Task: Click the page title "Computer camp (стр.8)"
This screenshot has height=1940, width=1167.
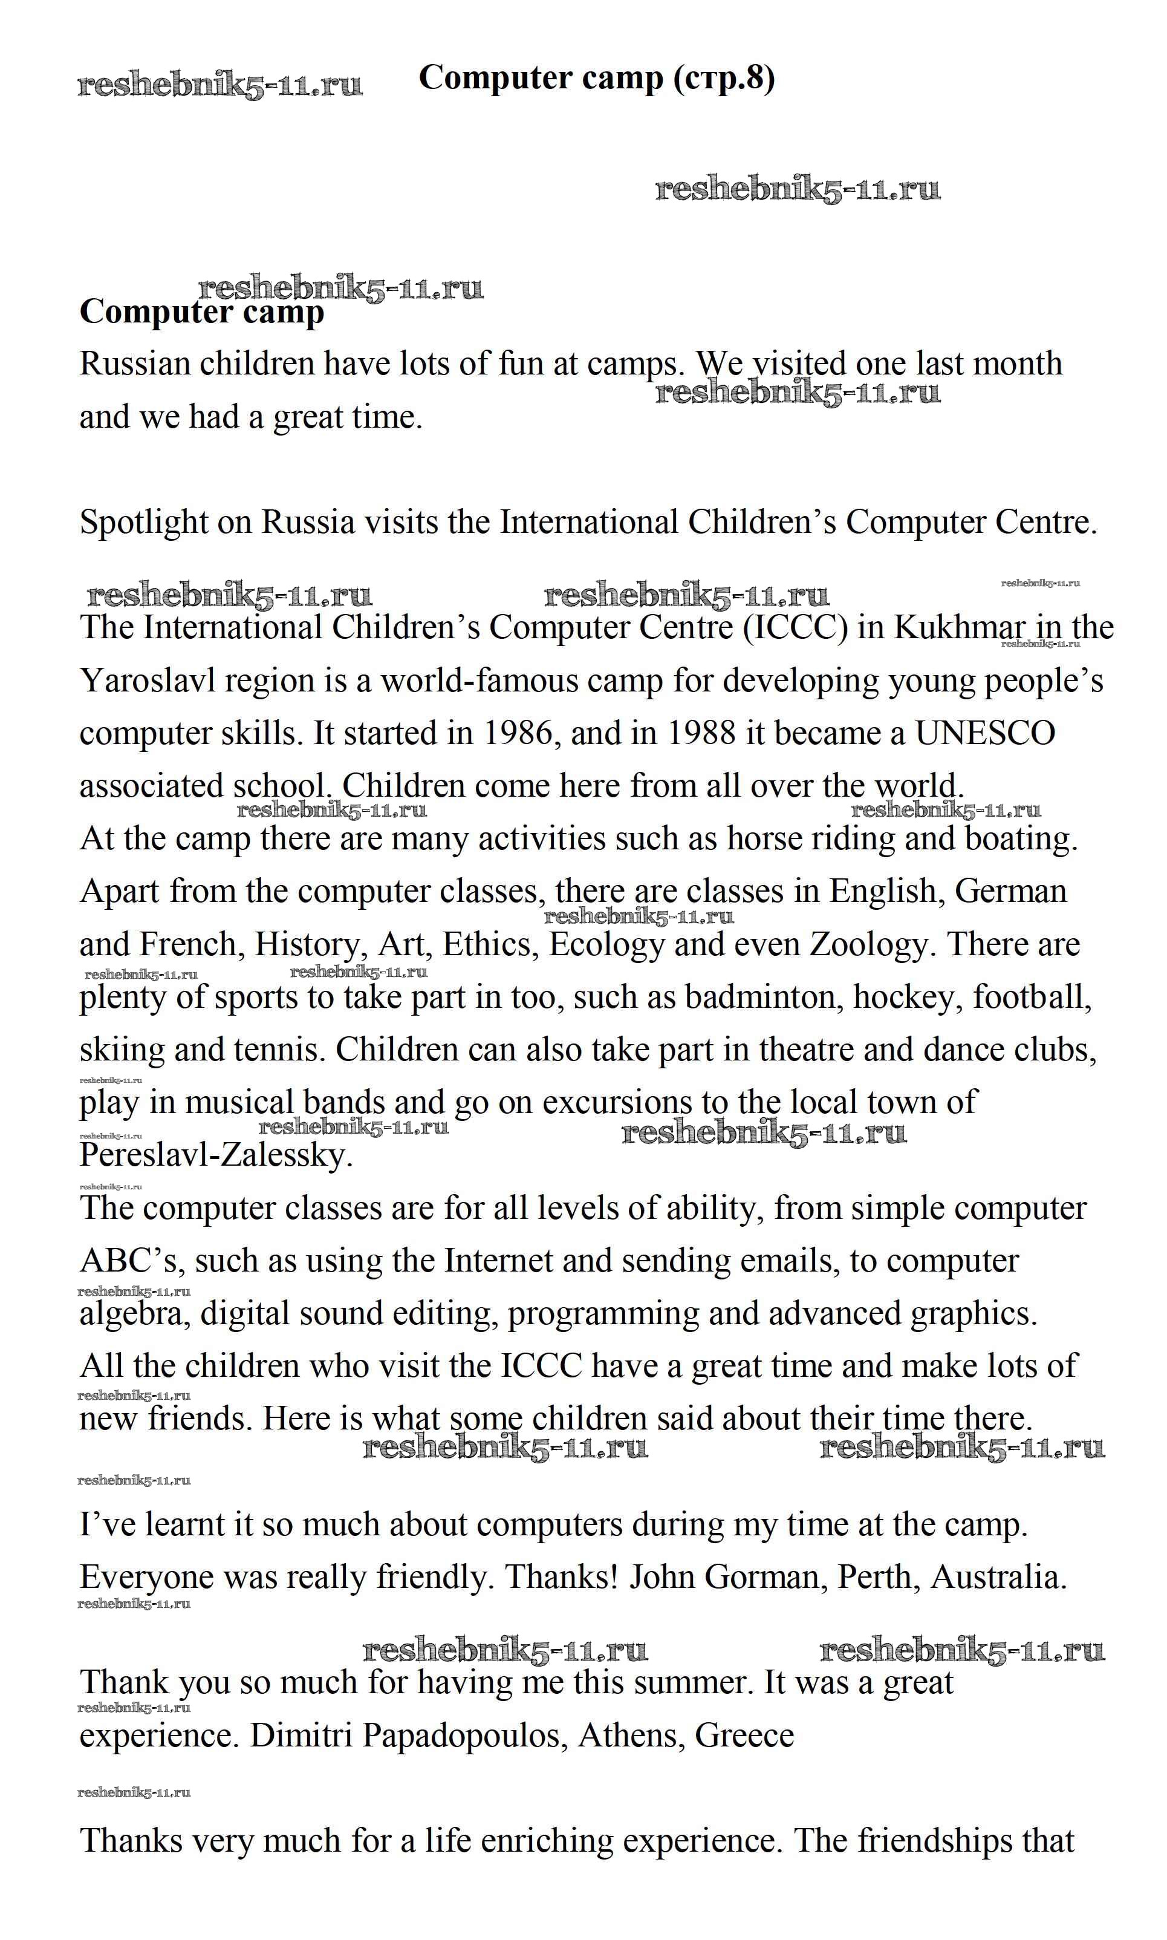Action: (596, 78)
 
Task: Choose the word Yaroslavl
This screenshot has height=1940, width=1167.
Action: (148, 681)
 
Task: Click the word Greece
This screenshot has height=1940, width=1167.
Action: (744, 1736)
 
